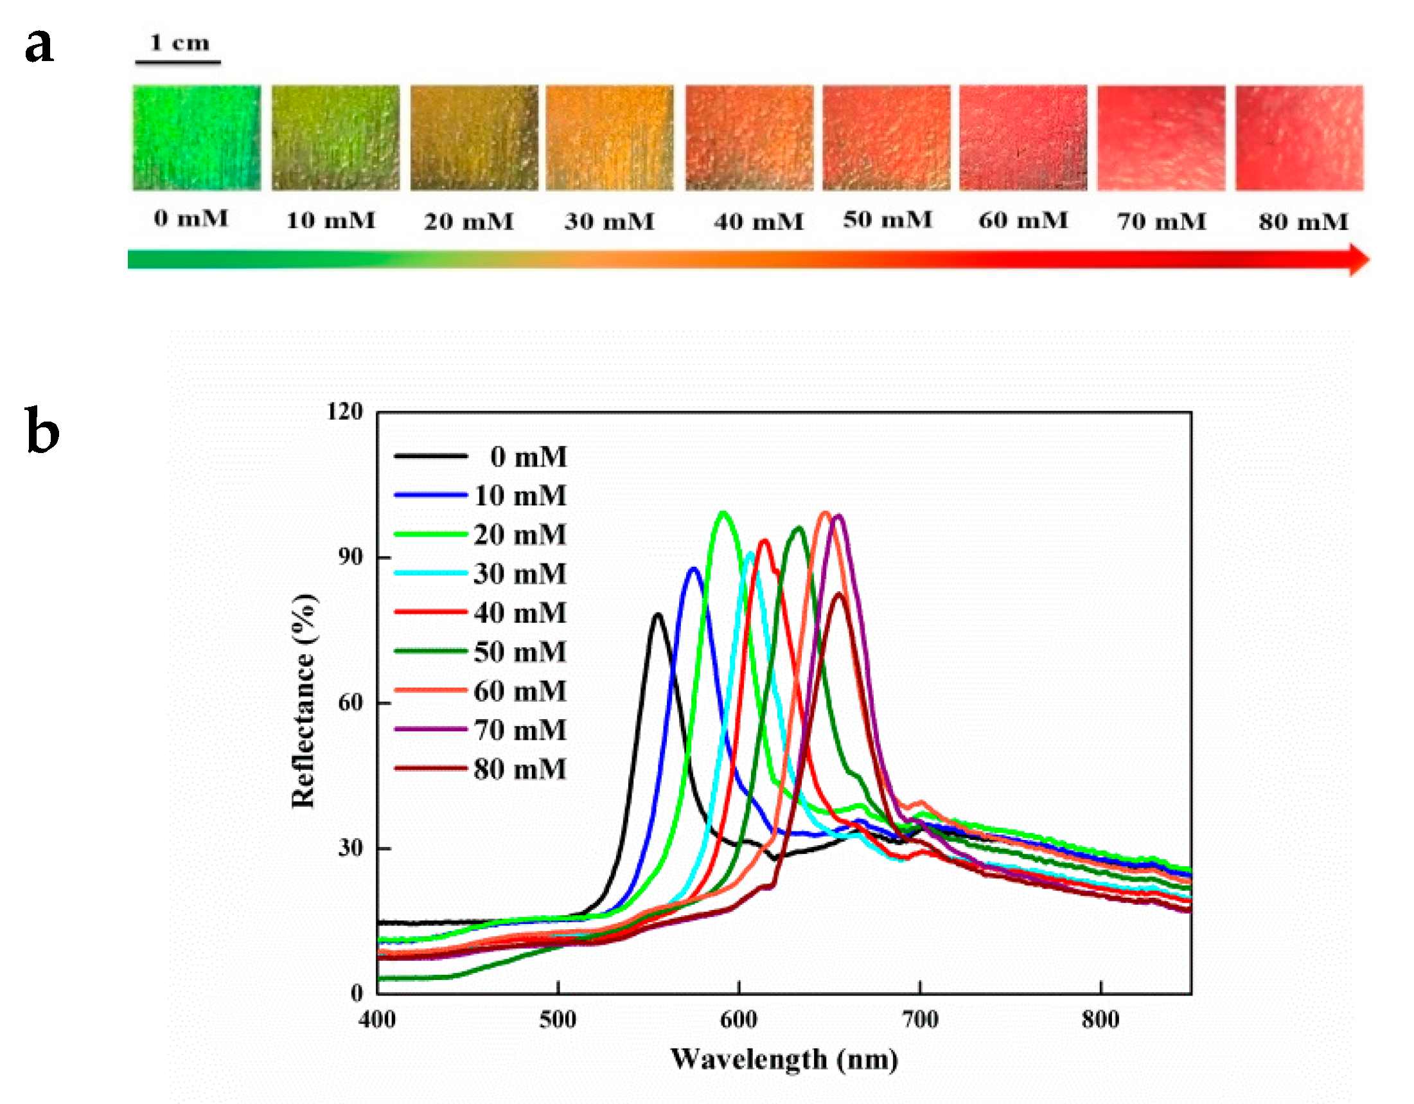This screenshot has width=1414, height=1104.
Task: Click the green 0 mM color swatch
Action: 197,138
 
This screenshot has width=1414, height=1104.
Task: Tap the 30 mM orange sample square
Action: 609,138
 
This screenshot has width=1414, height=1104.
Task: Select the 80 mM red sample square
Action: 1299,138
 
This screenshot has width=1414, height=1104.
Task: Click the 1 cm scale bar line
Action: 178,62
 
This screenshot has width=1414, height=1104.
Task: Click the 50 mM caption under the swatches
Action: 888,220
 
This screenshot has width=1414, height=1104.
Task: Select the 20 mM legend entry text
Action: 520,535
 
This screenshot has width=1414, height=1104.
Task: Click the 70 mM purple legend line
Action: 430,730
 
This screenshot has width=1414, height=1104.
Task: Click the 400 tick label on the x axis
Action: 378,1020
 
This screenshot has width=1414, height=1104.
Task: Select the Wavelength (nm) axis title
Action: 784,1060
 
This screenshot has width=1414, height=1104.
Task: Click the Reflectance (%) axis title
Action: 303,700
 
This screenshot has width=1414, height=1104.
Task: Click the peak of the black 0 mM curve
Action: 658,614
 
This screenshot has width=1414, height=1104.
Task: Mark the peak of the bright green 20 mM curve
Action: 723,513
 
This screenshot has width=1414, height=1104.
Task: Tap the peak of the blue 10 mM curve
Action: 694,569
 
